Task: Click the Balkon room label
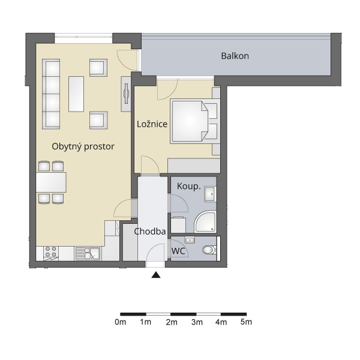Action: pyautogui.click(x=235, y=56)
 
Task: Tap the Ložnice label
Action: pyautogui.click(x=152, y=124)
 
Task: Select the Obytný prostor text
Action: pyautogui.click(x=83, y=146)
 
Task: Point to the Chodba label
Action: pyautogui.click(x=149, y=232)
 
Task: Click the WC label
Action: pyautogui.click(x=178, y=251)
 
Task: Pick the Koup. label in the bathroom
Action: pyautogui.click(x=189, y=186)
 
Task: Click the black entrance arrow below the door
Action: pyautogui.click(x=156, y=275)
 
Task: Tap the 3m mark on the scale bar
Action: pyautogui.click(x=197, y=322)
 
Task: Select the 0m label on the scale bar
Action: pyautogui.click(x=121, y=322)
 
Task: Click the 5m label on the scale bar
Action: pyautogui.click(x=246, y=322)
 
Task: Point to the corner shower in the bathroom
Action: pyautogui.click(x=205, y=221)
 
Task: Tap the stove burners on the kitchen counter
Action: pyautogui.click(x=50, y=251)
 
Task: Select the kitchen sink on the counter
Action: pyautogui.click(x=88, y=253)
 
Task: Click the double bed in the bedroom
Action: pyautogui.click(x=195, y=121)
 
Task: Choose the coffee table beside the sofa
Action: pyautogui.click(x=76, y=94)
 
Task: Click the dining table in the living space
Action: pyautogui.click(x=51, y=182)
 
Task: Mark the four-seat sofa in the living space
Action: pyautogui.click(x=51, y=94)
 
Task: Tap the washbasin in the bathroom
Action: pyautogui.click(x=210, y=194)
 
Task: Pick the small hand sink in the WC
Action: pyautogui.click(x=190, y=240)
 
